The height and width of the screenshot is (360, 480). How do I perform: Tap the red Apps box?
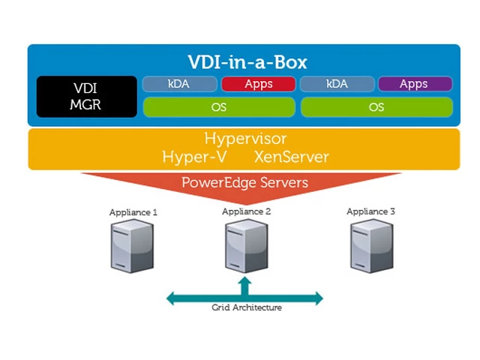(x=257, y=84)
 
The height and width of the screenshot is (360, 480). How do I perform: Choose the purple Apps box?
(x=414, y=84)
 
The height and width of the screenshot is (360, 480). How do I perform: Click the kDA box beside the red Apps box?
(x=179, y=84)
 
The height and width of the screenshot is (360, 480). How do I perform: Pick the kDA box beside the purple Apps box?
(x=337, y=84)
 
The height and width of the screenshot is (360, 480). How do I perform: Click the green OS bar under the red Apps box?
(x=219, y=107)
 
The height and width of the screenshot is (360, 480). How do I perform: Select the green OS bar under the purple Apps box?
(x=376, y=107)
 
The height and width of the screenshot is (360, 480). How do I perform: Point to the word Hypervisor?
(x=245, y=139)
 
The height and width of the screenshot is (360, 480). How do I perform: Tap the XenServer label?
(x=291, y=157)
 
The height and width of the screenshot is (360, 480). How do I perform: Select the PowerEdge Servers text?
(x=244, y=182)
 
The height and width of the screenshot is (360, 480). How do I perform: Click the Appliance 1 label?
(x=133, y=212)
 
